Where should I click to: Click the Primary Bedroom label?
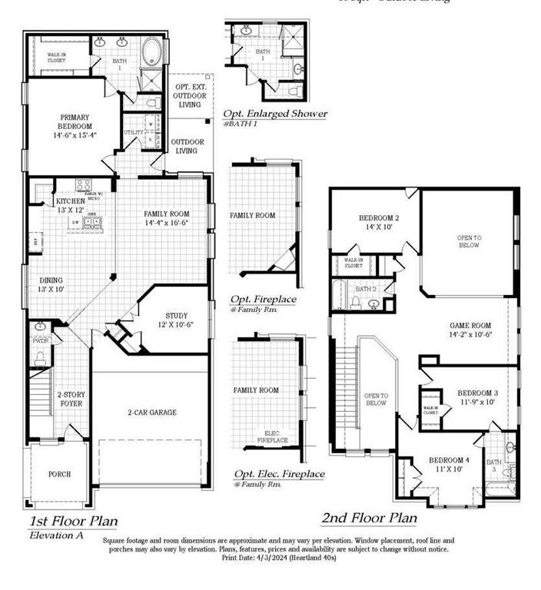coord(75,126)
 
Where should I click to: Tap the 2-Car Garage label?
coord(151,413)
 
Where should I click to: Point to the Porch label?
coord(59,474)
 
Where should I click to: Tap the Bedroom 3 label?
coord(477,396)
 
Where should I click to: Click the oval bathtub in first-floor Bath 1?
coord(151,52)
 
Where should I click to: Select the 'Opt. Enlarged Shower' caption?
coord(275,114)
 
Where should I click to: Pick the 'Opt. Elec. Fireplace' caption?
coord(277,474)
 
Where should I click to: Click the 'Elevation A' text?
coord(55,535)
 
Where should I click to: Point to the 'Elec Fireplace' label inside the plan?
coord(271,436)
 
